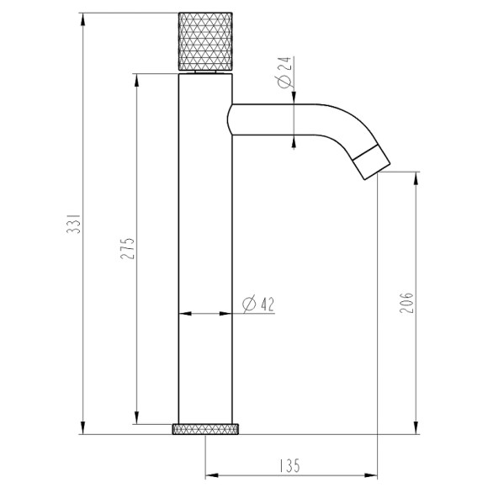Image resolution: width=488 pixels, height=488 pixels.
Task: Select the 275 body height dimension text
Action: (128, 250)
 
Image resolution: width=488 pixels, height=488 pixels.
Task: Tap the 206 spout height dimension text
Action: (407, 303)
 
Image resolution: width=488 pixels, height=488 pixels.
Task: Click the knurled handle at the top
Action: (205, 43)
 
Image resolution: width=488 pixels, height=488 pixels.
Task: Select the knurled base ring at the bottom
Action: (206, 429)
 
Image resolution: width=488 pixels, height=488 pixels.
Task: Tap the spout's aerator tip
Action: (369, 162)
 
